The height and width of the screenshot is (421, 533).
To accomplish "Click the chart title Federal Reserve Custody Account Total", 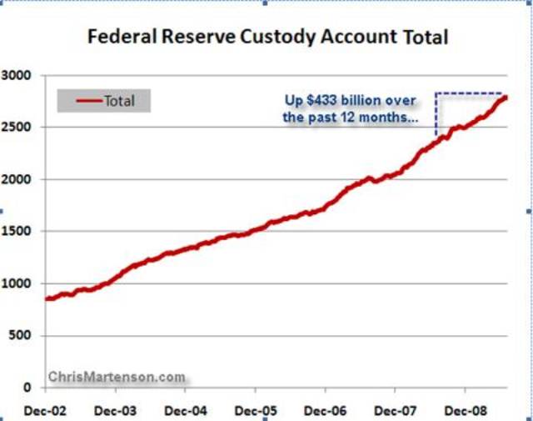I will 267,38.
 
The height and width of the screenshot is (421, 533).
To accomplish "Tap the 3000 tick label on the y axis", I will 17,76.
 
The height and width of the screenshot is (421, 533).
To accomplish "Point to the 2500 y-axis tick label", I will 17,128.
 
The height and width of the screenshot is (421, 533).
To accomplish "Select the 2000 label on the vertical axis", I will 17,179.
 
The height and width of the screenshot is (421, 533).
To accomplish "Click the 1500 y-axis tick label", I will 17,232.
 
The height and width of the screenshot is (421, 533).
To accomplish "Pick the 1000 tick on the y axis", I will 17,283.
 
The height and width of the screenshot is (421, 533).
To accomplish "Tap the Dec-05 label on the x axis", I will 255,412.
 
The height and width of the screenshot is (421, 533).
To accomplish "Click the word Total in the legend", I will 119,102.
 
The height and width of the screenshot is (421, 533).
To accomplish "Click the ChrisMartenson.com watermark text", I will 117,377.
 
